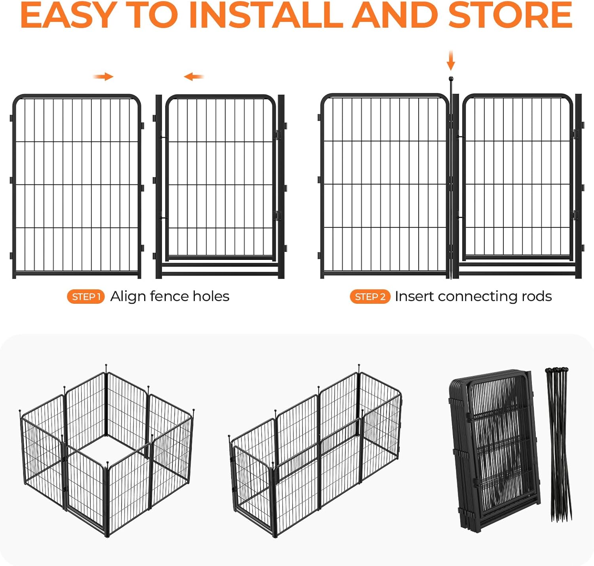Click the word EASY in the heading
[x=69, y=15]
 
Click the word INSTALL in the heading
[x=266, y=15]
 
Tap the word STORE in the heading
[x=510, y=15]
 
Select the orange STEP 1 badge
[x=86, y=297]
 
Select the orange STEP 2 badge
[x=370, y=297]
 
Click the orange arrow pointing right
[x=103, y=77]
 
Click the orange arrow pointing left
[x=194, y=77]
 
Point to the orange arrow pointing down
[x=451, y=61]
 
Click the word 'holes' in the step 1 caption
[x=211, y=296]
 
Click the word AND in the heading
[x=395, y=15]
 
